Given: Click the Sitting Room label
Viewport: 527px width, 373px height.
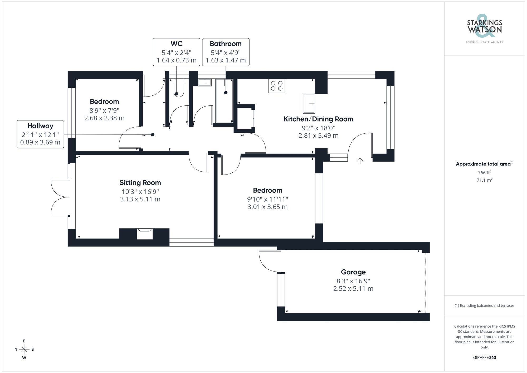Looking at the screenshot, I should click(140, 183).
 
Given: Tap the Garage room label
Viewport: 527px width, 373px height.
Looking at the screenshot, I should click(353, 272).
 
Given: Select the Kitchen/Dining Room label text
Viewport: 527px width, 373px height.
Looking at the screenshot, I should click(318, 119).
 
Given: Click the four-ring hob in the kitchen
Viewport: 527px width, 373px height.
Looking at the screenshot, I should click(277, 86).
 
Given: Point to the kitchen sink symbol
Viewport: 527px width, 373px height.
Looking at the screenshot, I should click(309, 103).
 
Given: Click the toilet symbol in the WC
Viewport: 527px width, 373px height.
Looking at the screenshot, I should click(179, 88).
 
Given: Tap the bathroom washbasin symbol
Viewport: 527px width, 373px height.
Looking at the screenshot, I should click(205, 83).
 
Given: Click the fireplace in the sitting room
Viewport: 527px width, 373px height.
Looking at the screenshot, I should click(145, 234).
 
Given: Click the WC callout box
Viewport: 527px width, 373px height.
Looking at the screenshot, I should click(176, 52).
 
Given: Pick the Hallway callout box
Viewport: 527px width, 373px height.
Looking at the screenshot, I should click(40, 134).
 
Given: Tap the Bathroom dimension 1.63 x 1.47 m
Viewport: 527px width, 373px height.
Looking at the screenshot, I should click(226, 60).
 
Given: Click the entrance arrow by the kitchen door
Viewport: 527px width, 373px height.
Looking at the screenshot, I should click(360, 160).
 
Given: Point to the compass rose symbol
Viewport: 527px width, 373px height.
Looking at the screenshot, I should click(24, 350).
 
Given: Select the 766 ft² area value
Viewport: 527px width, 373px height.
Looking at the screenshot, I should click(484, 173).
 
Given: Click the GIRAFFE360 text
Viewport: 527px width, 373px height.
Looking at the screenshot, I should click(484, 357).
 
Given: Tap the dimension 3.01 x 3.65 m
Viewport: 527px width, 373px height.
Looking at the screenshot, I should click(267, 207).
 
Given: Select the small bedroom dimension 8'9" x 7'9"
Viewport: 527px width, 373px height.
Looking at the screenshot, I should click(104, 110).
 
